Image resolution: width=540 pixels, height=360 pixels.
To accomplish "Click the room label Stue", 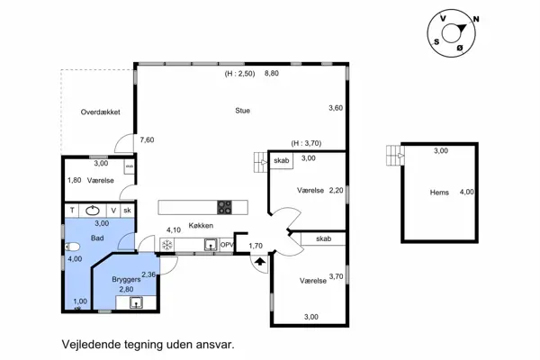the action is pyautogui.click(x=242, y=111).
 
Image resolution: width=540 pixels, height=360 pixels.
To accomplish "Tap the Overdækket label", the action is pyautogui.click(x=100, y=112).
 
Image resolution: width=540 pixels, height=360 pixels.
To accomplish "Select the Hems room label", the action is pyautogui.click(x=439, y=193).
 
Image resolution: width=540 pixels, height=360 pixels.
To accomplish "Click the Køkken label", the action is pyautogui.click(x=201, y=225).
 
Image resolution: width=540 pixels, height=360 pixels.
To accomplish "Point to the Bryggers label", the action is pyautogui.click(x=126, y=279).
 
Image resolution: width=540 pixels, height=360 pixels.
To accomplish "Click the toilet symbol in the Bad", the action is pyautogui.click(x=72, y=247).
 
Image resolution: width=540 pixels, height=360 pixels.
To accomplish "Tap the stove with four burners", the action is pyautogui.click(x=224, y=207).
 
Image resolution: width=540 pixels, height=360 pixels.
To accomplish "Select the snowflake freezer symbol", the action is pyautogui.click(x=167, y=245).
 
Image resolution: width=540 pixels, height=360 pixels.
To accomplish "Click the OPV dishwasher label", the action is pyautogui.click(x=227, y=245).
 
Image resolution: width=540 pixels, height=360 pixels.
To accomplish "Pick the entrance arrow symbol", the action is pyautogui.click(x=260, y=262).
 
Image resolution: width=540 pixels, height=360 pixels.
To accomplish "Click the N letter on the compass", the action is pyautogui.click(x=476, y=19).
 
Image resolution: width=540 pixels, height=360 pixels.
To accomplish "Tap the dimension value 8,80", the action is pyautogui.click(x=272, y=73).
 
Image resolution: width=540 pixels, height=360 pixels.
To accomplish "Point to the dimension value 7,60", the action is pyautogui.click(x=147, y=139).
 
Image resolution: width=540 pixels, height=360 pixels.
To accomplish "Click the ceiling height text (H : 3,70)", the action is pyautogui.click(x=306, y=143).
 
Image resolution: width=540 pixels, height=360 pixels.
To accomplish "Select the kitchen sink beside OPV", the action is pyautogui.click(x=211, y=245).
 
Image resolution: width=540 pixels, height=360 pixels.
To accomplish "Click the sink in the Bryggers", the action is pyautogui.click(x=136, y=302).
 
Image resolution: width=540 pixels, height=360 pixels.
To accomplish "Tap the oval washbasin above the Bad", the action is pyautogui.click(x=93, y=210).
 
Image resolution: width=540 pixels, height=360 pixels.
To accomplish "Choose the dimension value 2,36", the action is pyautogui.click(x=148, y=274).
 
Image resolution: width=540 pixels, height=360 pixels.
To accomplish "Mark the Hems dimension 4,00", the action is pyautogui.click(x=466, y=192).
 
